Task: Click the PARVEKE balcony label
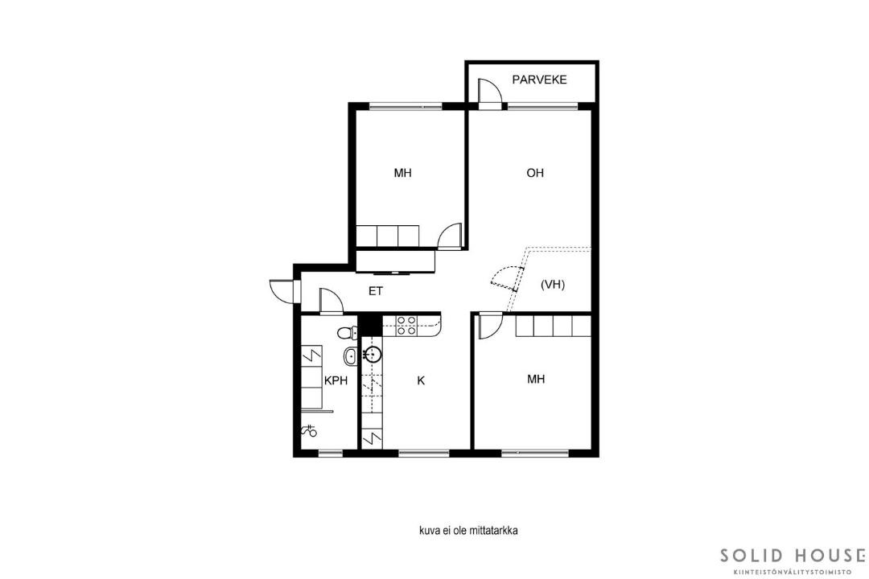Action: pyautogui.click(x=539, y=80)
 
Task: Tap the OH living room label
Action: pyautogui.click(x=535, y=173)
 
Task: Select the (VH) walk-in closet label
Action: pyautogui.click(x=553, y=285)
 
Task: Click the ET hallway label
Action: pyautogui.click(x=376, y=291)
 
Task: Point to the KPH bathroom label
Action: pyautogui.click(x=336, y=380)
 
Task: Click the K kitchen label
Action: pyautogui.click(x=421, y=380)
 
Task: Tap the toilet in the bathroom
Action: pyautogui.click(x=348, y=332)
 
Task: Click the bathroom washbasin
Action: pyautogui.click(x=350, y=355)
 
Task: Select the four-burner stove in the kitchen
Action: pyautogui.click(x=406, y=325)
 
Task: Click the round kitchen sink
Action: pyautogui.click(x=372, y=354)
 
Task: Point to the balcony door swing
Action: pyautogui.click(x=489, y=91)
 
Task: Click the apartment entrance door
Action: pyautogui.click(x=282, y=291)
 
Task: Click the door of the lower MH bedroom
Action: pyautogui.click(x=491, y=326)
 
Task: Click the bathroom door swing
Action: pyautogui.click(x=332, y=302)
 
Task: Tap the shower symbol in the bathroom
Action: pyautogui.click(x=308, y=430)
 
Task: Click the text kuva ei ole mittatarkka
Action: pyautogui.click(x=468, y=531)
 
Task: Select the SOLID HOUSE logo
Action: pyautogui.click(x=793, y=561)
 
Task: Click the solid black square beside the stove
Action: pyautogui.click(x=370, y=325)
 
